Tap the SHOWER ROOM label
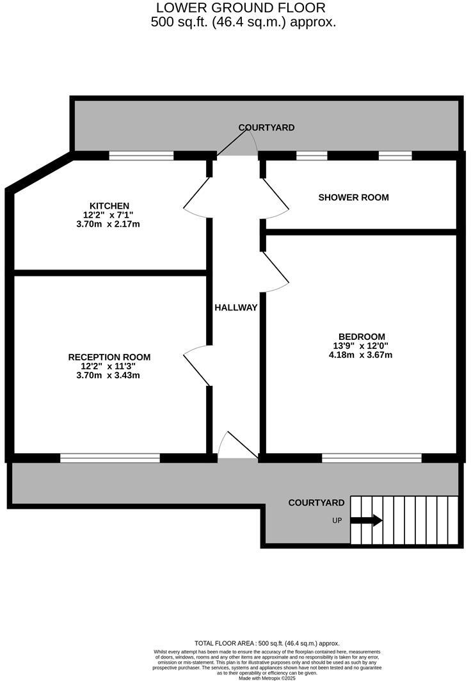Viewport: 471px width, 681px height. point(353,197)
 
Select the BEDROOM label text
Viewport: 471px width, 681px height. point(362,337)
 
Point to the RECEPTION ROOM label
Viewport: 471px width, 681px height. point(109,357)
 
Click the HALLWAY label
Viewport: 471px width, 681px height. point(235,308)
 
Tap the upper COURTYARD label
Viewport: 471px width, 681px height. point(266,127)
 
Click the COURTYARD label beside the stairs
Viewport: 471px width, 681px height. point(316,502)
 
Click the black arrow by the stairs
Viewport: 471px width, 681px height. point(366,520)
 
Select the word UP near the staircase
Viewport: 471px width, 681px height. point(337,520)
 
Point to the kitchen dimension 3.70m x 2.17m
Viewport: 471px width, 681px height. point(108,224)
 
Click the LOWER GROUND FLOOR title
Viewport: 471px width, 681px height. point(241,8)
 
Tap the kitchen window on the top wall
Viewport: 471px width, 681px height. point(141,155)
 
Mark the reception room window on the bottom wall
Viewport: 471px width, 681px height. point(110,458)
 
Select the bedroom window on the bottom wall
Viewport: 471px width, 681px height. point(372,458)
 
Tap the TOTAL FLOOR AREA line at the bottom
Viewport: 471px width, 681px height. point(267,643)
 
